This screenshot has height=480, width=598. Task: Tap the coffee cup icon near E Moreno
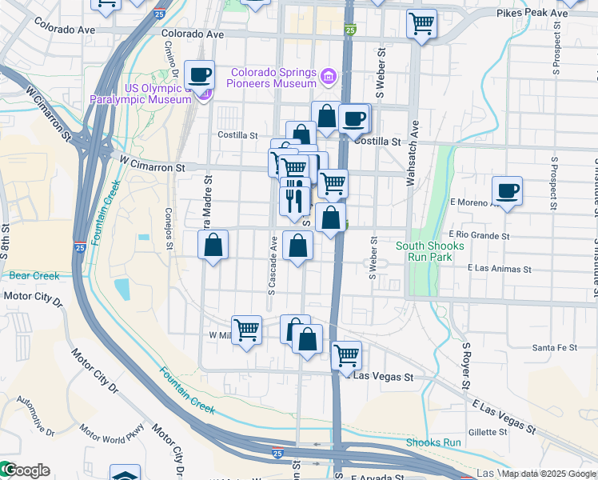point(507,191)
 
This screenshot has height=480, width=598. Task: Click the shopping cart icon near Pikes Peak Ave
point(421,24)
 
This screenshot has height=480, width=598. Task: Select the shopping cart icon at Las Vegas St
point(346,355)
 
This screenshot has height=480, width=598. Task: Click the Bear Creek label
point(34,276)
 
